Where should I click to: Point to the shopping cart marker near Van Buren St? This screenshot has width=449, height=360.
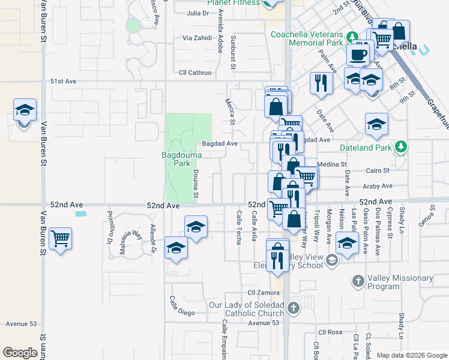tap(60, 239)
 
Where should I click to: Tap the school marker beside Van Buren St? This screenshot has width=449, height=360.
tap(25, 111)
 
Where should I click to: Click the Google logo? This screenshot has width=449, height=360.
tap(20, 353)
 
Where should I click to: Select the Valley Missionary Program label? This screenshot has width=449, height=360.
tap(400, 282)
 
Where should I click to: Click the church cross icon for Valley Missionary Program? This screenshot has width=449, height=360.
tap(358, 280)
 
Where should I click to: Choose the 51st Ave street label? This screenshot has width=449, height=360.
tap(64, 81)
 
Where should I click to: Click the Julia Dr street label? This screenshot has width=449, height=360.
tap(197, 13)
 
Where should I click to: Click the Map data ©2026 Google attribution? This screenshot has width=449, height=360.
tap(411, 355)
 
